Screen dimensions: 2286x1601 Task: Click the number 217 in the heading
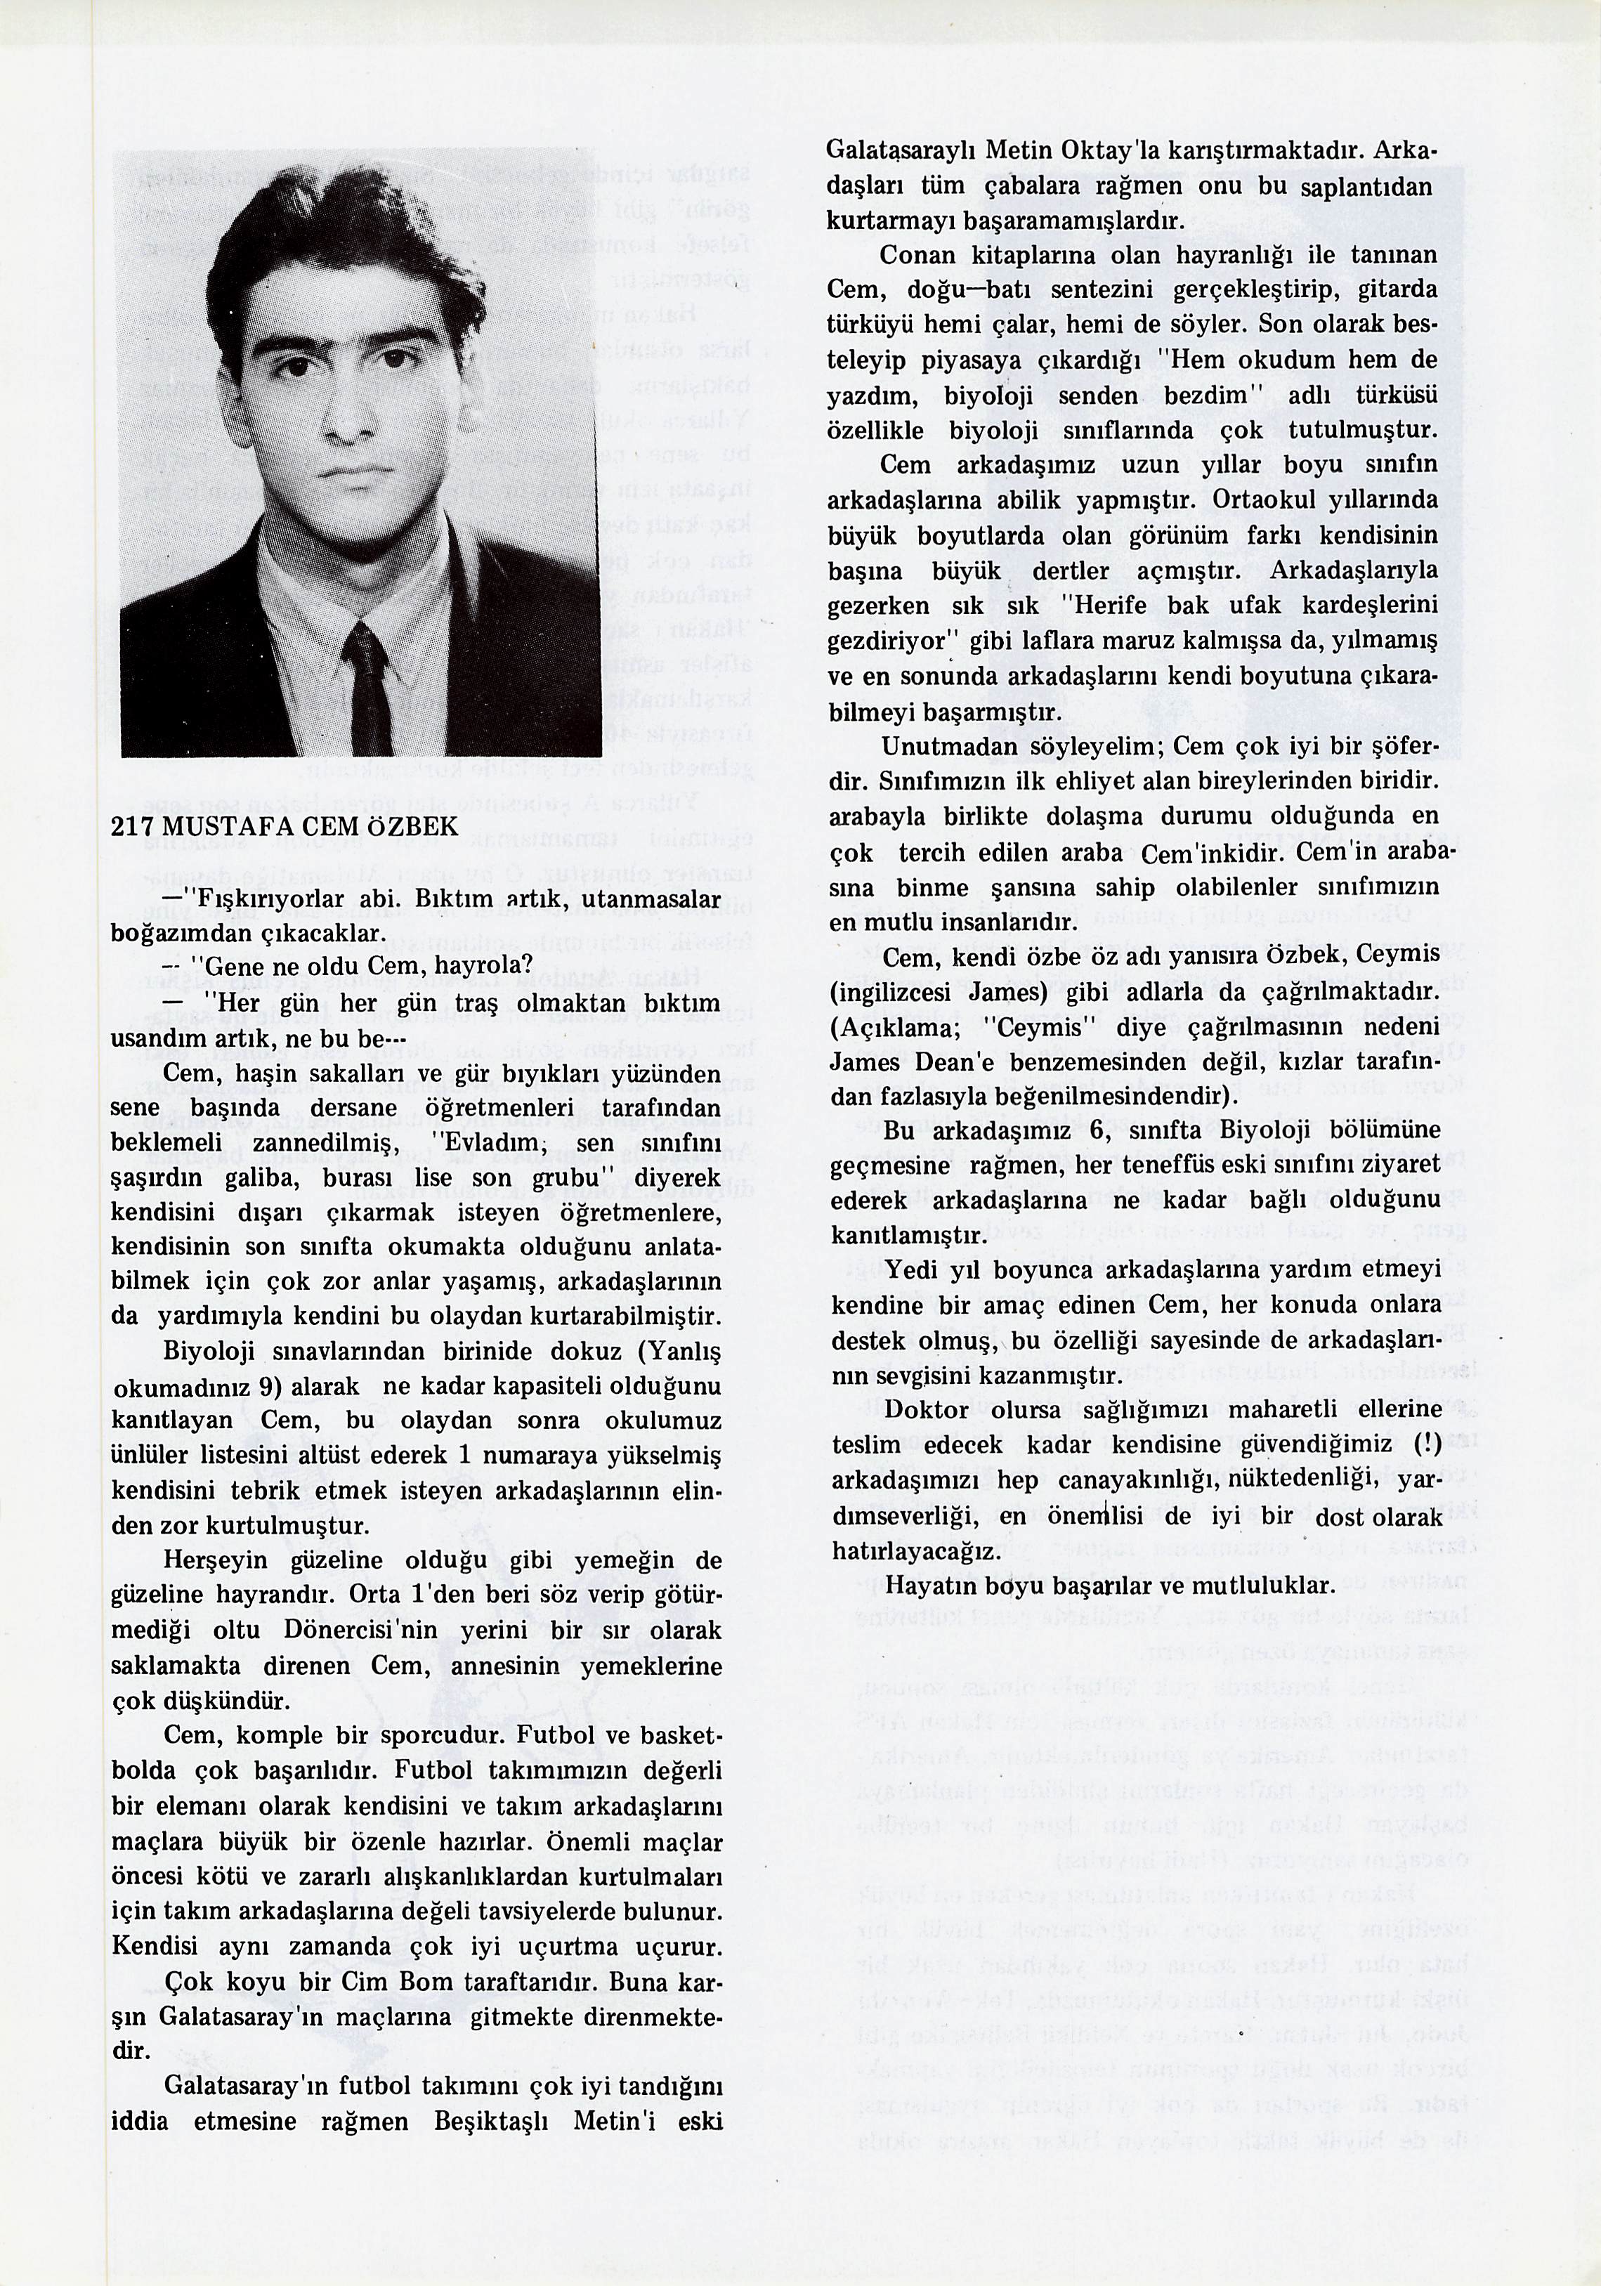132,826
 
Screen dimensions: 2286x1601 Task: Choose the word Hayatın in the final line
925,1585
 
